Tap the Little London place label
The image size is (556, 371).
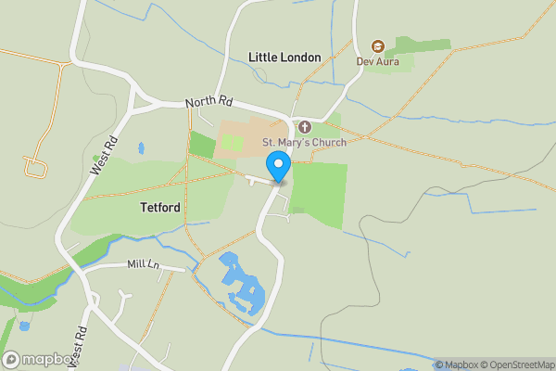coord(284,58)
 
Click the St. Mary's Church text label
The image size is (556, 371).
coord(303,142)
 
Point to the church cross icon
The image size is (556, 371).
coord(304,126)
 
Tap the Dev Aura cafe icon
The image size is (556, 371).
coord(377,46)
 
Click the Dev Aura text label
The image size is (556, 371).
coord(378,62)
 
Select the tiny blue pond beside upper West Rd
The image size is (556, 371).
coord(141,147)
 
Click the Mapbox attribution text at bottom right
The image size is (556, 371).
coord(458,365)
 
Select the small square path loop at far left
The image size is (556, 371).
coord(35,168)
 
